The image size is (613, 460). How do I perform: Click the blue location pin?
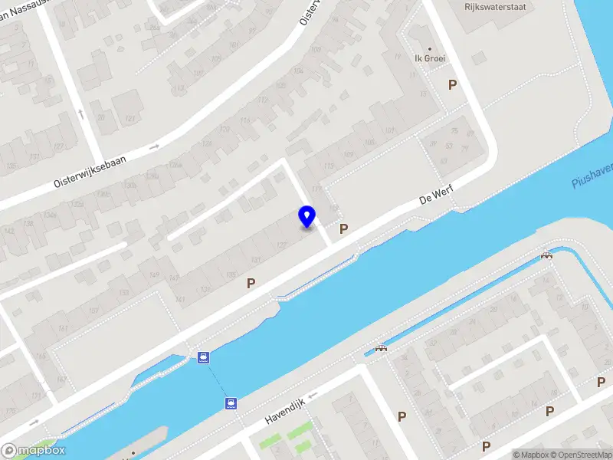click(307, 216)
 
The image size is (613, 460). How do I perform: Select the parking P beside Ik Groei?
click(452, 84)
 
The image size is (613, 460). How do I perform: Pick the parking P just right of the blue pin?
click(344, 228)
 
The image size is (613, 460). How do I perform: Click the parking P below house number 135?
click(251, 284)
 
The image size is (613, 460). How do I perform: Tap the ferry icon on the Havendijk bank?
click(231, 403)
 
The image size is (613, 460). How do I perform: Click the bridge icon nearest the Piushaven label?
click(546, 255)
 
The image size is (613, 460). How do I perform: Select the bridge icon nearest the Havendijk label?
click(381, 348)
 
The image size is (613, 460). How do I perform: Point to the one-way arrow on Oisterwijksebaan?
click(154, 146)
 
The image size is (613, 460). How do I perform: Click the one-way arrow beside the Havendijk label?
click(313, 396)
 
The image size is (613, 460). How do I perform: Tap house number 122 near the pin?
click(281, 244)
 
